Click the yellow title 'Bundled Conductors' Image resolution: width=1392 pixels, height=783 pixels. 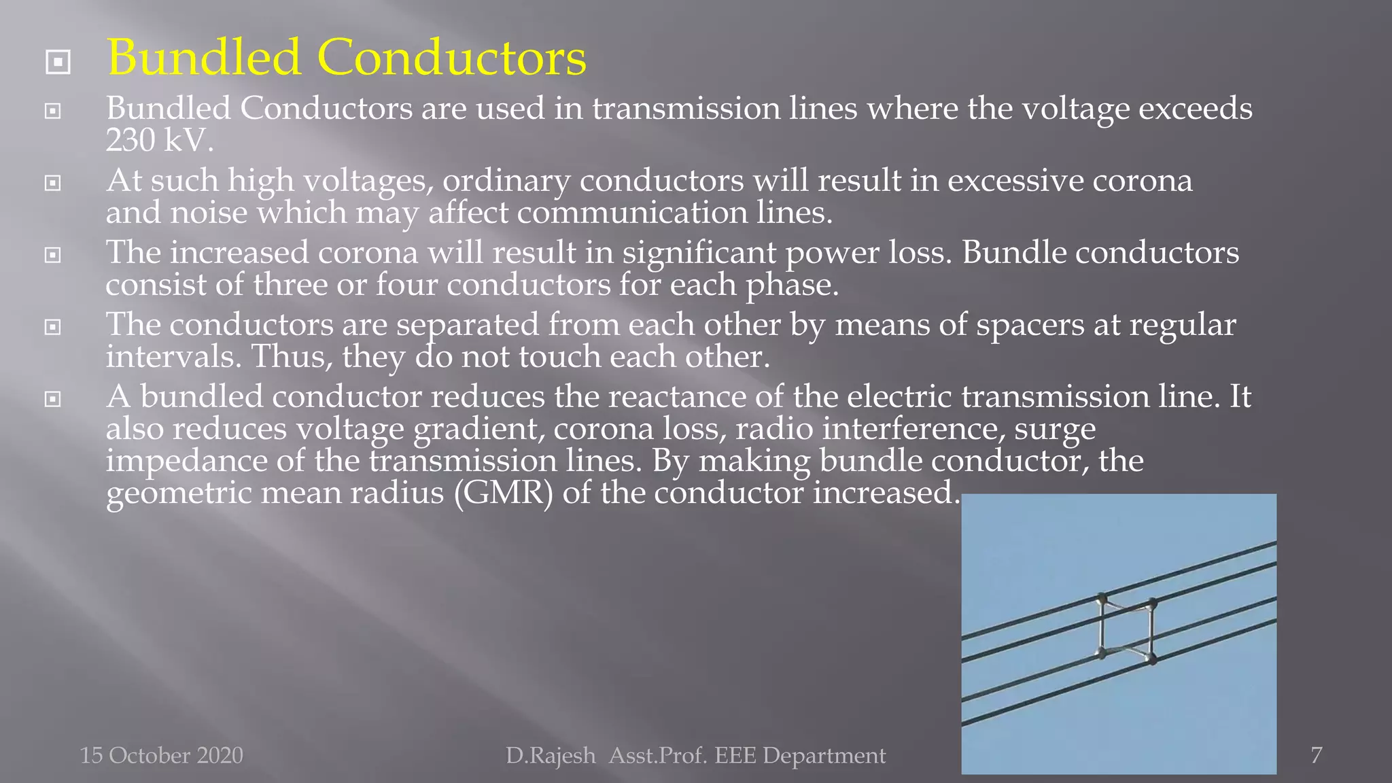click(347, 57)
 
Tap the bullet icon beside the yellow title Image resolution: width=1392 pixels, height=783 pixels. click(58, 63)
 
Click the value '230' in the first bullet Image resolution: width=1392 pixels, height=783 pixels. click(130, 141)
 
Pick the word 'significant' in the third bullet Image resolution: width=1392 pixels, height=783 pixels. click(699, 253)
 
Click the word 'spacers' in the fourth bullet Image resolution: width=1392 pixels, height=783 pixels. click(1030, 325)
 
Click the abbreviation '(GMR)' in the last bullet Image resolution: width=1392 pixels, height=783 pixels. click(503, 493)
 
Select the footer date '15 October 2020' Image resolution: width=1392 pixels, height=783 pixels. click(161, 755)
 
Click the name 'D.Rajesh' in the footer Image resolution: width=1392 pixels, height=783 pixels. click(550, 755)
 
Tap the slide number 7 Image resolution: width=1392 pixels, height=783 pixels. click(1317, 754)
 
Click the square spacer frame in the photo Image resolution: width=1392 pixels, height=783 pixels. click(1126, 629)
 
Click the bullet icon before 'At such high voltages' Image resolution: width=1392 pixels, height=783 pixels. click(53, 183)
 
